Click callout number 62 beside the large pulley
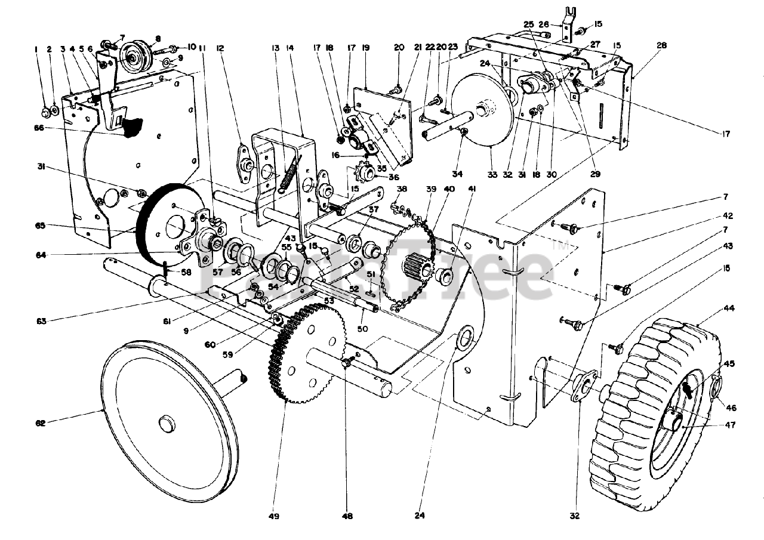point(40,423)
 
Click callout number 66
point(40,128)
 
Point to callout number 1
point(36,50)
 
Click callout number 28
point(661,45)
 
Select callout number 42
point(726,216)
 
